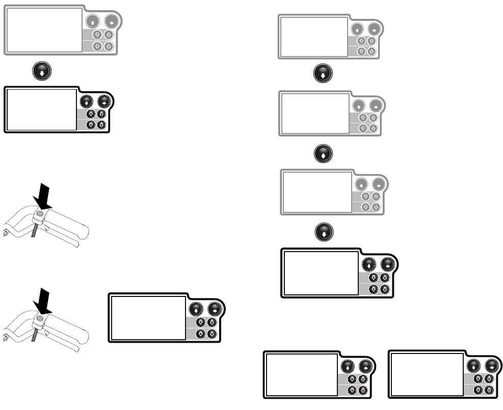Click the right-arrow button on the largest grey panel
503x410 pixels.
click(x=111, y=22)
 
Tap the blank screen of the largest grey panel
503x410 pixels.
click(x=44, y=30)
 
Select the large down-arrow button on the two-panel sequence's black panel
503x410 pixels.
click(x=87, y=101)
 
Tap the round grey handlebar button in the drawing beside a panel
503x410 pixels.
click(x=38, y=318)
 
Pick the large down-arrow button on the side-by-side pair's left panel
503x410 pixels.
click(x=348, y=366)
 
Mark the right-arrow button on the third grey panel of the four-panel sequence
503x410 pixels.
click(x=378, y=184)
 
